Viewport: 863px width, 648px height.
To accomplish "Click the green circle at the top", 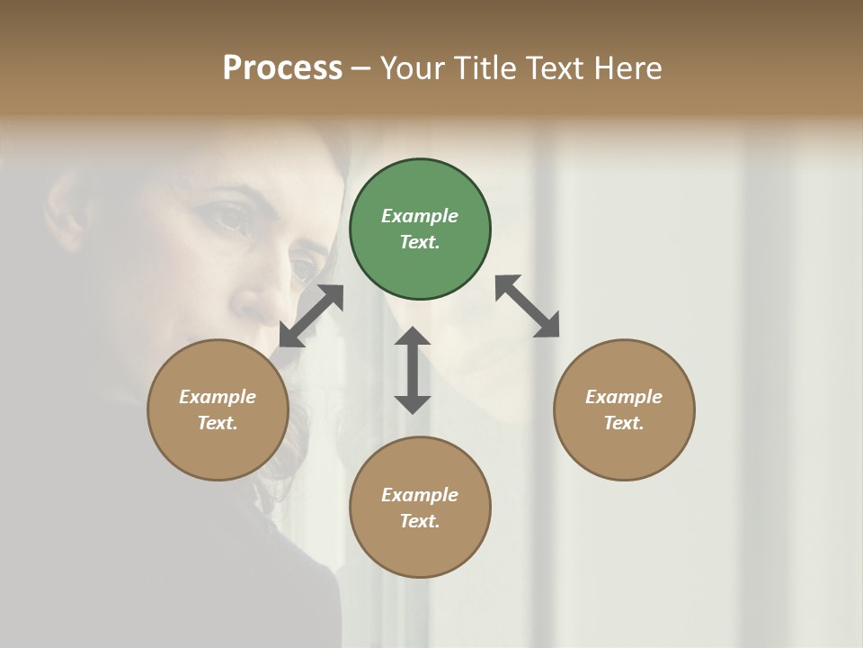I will click(420, 229).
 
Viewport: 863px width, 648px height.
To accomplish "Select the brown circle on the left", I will click(218, 409).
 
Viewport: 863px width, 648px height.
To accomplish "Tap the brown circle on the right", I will click(624, 409).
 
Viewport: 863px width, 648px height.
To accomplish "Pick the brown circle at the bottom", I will click(420, 508).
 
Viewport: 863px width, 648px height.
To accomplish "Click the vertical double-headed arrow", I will click(413, 370).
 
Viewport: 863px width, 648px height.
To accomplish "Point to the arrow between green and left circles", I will click(311, 316).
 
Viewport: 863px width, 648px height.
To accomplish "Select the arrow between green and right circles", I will click(528, 306).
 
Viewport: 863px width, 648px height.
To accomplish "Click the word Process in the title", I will click(282, 67).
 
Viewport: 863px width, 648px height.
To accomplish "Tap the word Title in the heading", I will click(485, 67).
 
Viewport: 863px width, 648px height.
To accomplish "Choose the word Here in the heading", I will click(628, 67).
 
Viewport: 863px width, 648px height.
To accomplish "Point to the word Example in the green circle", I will click(420, 216).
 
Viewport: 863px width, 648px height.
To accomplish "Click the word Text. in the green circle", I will click(420, 242).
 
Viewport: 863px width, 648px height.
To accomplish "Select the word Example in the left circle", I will click(218, 397).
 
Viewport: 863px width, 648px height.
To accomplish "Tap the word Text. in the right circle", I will click(624, 423).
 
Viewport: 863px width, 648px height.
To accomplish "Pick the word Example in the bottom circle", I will click(420, 495).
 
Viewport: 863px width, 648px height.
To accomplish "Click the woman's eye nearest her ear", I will click(227, 217).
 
